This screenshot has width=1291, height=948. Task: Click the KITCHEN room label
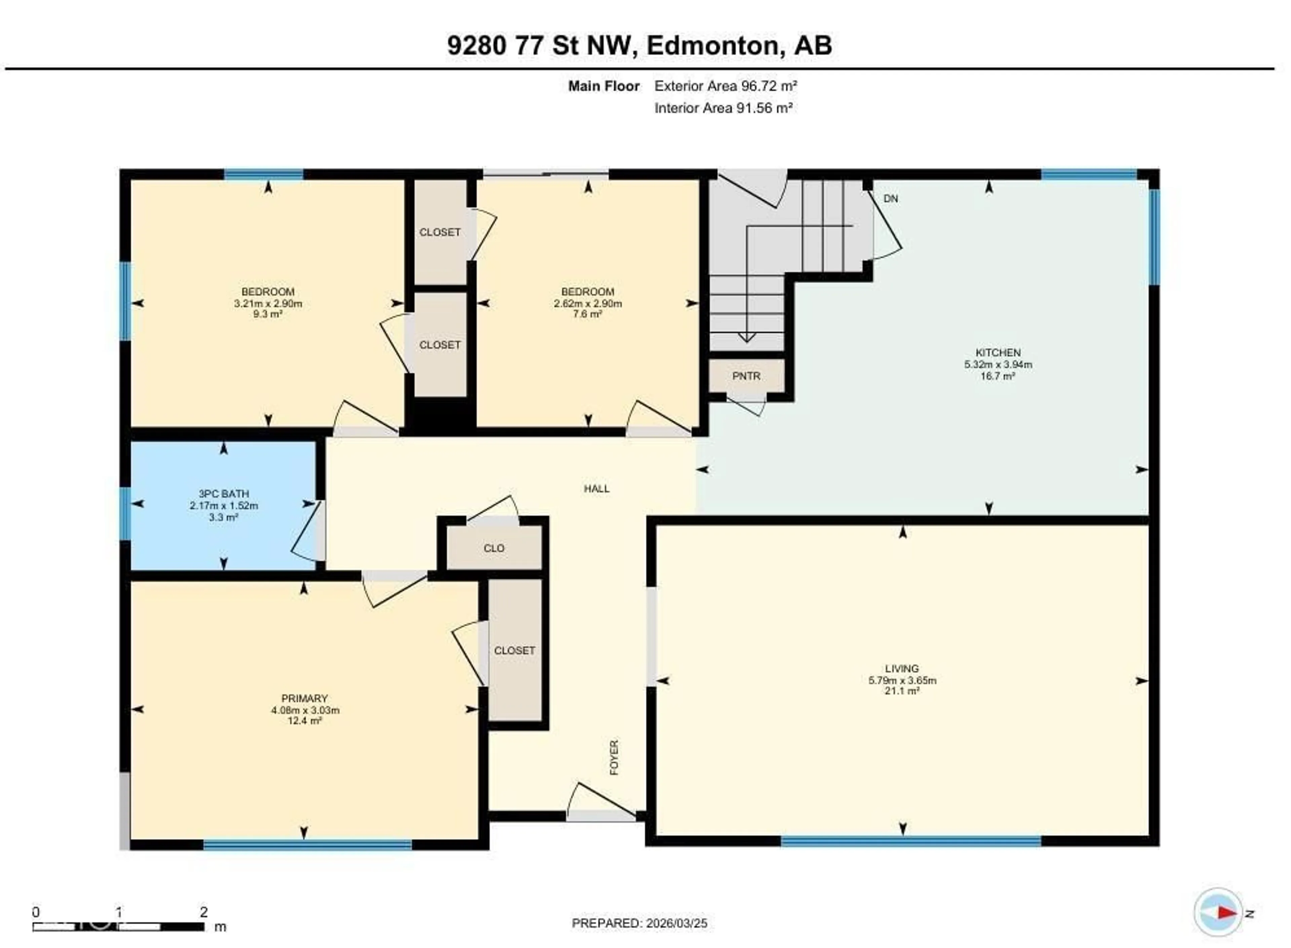(x=997, y=352)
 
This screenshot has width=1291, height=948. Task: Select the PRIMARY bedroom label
(x=304, y=698)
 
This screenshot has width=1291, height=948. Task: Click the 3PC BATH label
(x=224, y=494)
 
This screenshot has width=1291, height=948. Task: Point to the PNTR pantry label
(x=746, y=376)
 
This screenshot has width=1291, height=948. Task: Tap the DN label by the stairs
(x=890, y=198)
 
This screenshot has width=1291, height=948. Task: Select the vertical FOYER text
(x=614, y=757)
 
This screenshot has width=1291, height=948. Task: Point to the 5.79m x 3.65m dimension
(x=902, y=681)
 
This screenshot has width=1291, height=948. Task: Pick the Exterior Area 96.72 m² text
(x=726, y=86)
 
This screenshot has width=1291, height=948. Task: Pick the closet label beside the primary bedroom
(x=514, y=650)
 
